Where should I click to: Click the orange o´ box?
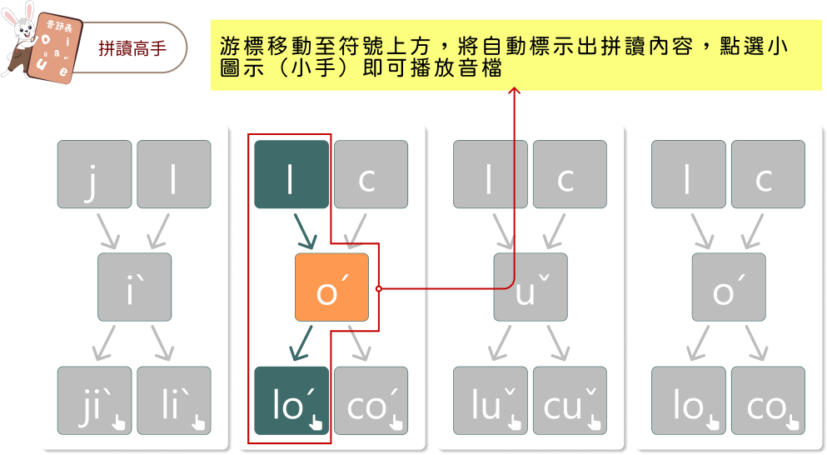(x=331, y=287)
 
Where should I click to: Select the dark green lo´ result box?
(x=291, y=400)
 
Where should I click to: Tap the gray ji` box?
(x=94, y=400)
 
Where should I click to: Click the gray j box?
(x=94, y=174)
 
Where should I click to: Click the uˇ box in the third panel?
(x=530, y=287)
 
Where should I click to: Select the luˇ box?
(x=490, y=400)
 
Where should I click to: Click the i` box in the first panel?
(x=134, y=287)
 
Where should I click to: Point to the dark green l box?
(x=291, y=174)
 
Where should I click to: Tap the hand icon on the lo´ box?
(x=315, y=419)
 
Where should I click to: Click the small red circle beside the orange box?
(x=379, y=289)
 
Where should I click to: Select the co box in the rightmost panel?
(x=768, y=400)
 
